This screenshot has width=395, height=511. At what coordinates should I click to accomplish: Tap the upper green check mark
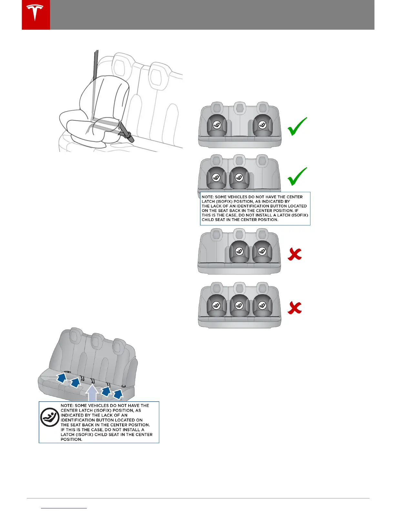coord(297,126)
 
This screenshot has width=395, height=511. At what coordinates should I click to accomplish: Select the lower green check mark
coord(297,176)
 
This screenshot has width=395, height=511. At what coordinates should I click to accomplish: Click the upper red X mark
coord(295,254)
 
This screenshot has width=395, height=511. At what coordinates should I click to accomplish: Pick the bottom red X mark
coord(295,308)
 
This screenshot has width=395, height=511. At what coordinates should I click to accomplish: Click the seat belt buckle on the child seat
coord(127,133)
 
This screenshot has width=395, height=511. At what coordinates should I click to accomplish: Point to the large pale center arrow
coord(92,393)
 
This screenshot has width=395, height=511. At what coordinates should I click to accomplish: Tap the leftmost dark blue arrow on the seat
coord(62,377)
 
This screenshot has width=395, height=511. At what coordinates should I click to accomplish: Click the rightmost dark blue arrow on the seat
coord(118,394)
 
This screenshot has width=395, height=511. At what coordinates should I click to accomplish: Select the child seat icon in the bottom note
coord(50,417)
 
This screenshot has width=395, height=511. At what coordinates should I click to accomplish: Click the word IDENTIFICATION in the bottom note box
coord(76,420)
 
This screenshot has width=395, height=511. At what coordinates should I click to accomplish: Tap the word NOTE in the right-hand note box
coord(208,197)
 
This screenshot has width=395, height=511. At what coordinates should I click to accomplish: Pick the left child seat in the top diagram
coord(217,125)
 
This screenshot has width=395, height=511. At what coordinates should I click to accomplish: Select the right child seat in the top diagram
coord(262,125)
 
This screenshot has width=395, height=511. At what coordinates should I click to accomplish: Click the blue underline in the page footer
coord(64,508)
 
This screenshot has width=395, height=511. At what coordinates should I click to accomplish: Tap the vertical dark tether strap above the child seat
coord(96,65)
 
